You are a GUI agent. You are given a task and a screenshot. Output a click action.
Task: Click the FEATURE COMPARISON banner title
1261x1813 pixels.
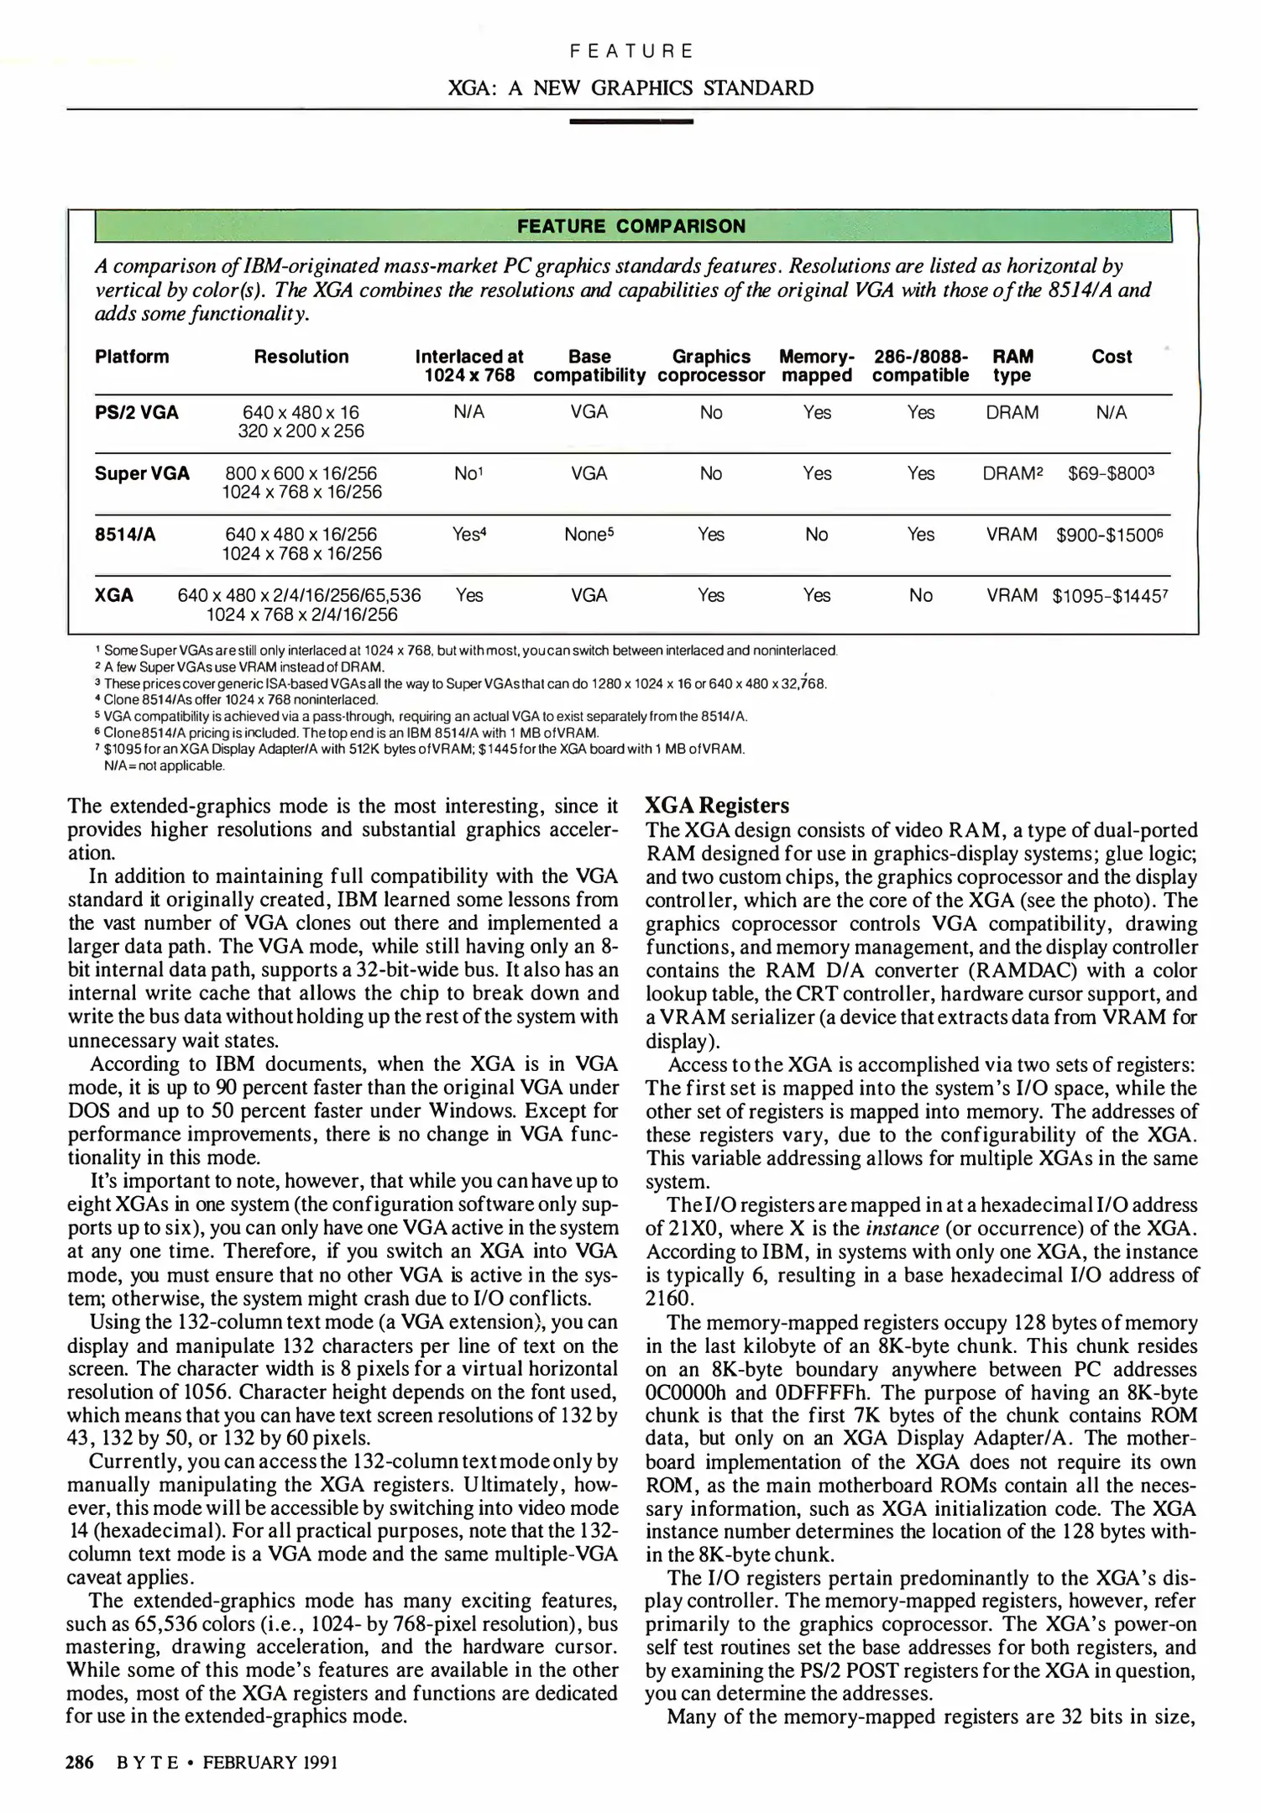[x=630, y=226]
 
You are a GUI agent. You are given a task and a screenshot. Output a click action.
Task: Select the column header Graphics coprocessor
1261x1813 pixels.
[x=711, y=366]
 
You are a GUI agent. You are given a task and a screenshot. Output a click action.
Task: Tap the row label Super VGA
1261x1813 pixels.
[x=142, y=473]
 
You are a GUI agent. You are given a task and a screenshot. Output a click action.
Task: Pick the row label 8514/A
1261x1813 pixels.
[x=125, y=534]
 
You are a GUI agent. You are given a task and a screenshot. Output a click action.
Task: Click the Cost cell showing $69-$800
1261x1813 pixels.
[x=1111, y=473]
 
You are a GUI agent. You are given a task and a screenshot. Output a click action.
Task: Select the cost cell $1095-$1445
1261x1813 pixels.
[x=1110, y=596]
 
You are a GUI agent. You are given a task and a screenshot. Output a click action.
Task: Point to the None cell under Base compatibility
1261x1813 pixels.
[x=589, y=534]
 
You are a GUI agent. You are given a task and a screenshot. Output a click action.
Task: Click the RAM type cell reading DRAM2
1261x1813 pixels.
[x=1012, y=473]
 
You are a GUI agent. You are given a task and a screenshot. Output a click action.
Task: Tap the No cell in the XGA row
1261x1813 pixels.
[x=920, y=595]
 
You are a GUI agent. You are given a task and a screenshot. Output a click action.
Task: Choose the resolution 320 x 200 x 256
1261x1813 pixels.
[x=301, y=431]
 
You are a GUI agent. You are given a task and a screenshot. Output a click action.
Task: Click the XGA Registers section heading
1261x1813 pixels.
[x=716, y=806]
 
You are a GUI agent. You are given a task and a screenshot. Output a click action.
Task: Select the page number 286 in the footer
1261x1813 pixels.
[x=80, y=1762]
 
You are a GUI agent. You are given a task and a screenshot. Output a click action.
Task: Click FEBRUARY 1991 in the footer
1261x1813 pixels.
[x=269, y=1762]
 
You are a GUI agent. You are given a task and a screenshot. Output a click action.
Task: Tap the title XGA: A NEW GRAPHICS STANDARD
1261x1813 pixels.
[x=630, y=88]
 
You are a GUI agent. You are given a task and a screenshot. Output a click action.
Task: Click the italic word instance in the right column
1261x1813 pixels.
[x=901, y=1229]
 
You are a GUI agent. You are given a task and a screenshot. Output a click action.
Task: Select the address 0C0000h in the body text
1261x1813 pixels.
[x=688, y=1392]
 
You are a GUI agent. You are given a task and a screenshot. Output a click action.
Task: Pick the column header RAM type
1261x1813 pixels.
[x=1012, y=366]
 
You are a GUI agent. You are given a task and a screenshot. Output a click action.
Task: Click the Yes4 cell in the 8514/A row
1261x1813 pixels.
[x=469, y=534]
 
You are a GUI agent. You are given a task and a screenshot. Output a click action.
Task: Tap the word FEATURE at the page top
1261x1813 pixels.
[x=630, y=51]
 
